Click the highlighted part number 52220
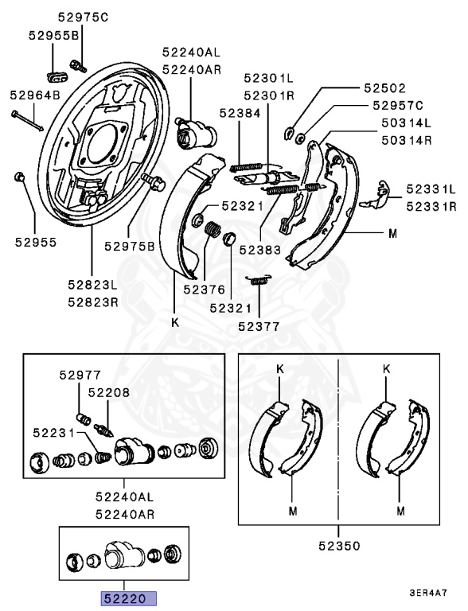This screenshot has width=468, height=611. tap(129, 598)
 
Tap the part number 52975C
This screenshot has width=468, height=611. tap(83, 18)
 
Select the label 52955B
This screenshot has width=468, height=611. tap(54, 36)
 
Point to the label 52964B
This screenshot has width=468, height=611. tap(35, 95)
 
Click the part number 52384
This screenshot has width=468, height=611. tap(240, 113)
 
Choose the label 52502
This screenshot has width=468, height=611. tap(385, 88)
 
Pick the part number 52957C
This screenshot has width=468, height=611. tap(398, 105)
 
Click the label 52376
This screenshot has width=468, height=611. tap(205, 289)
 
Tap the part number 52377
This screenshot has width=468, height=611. tap(259, 326)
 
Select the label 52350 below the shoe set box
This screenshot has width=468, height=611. tap(339, 546)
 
